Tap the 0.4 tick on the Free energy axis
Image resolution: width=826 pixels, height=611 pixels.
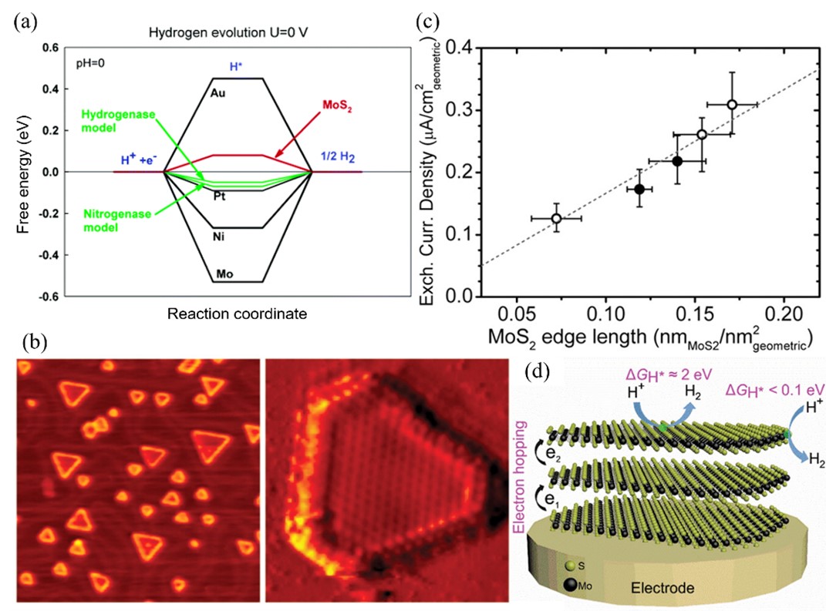coord(50,89)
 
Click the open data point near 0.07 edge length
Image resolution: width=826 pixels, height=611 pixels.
coord(556,219)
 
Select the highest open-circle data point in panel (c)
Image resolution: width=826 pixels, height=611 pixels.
coord(732,104)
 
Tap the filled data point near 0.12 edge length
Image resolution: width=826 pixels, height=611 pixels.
coord(639,188)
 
